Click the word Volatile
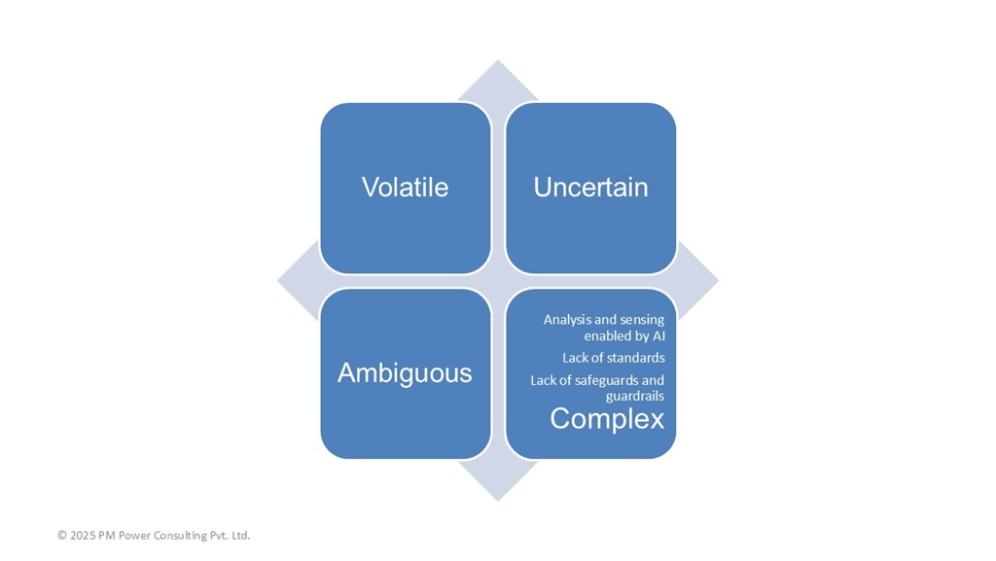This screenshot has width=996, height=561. click(406, 188)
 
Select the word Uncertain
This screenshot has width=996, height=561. click(590, 188)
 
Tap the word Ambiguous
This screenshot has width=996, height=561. click(405, 373)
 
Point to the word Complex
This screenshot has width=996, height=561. click(607, 419)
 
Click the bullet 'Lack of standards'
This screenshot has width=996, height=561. click(614, 358)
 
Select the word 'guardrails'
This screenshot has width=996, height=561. click(635, 396)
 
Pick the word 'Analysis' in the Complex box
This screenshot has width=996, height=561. click(566, 319)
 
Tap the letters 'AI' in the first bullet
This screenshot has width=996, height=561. click(658, 335)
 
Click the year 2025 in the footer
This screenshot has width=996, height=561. click(83, 535)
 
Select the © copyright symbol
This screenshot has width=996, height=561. click(62, 535)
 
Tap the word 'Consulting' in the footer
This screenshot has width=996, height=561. click(179, 536)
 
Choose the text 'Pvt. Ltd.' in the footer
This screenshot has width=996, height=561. click(231, 535)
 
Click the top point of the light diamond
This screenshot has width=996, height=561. click(498, 60)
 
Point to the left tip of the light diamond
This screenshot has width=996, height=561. click(277, 280)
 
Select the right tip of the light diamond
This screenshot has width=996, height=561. click(719, 280)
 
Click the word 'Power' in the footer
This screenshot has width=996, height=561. click(133, 535)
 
